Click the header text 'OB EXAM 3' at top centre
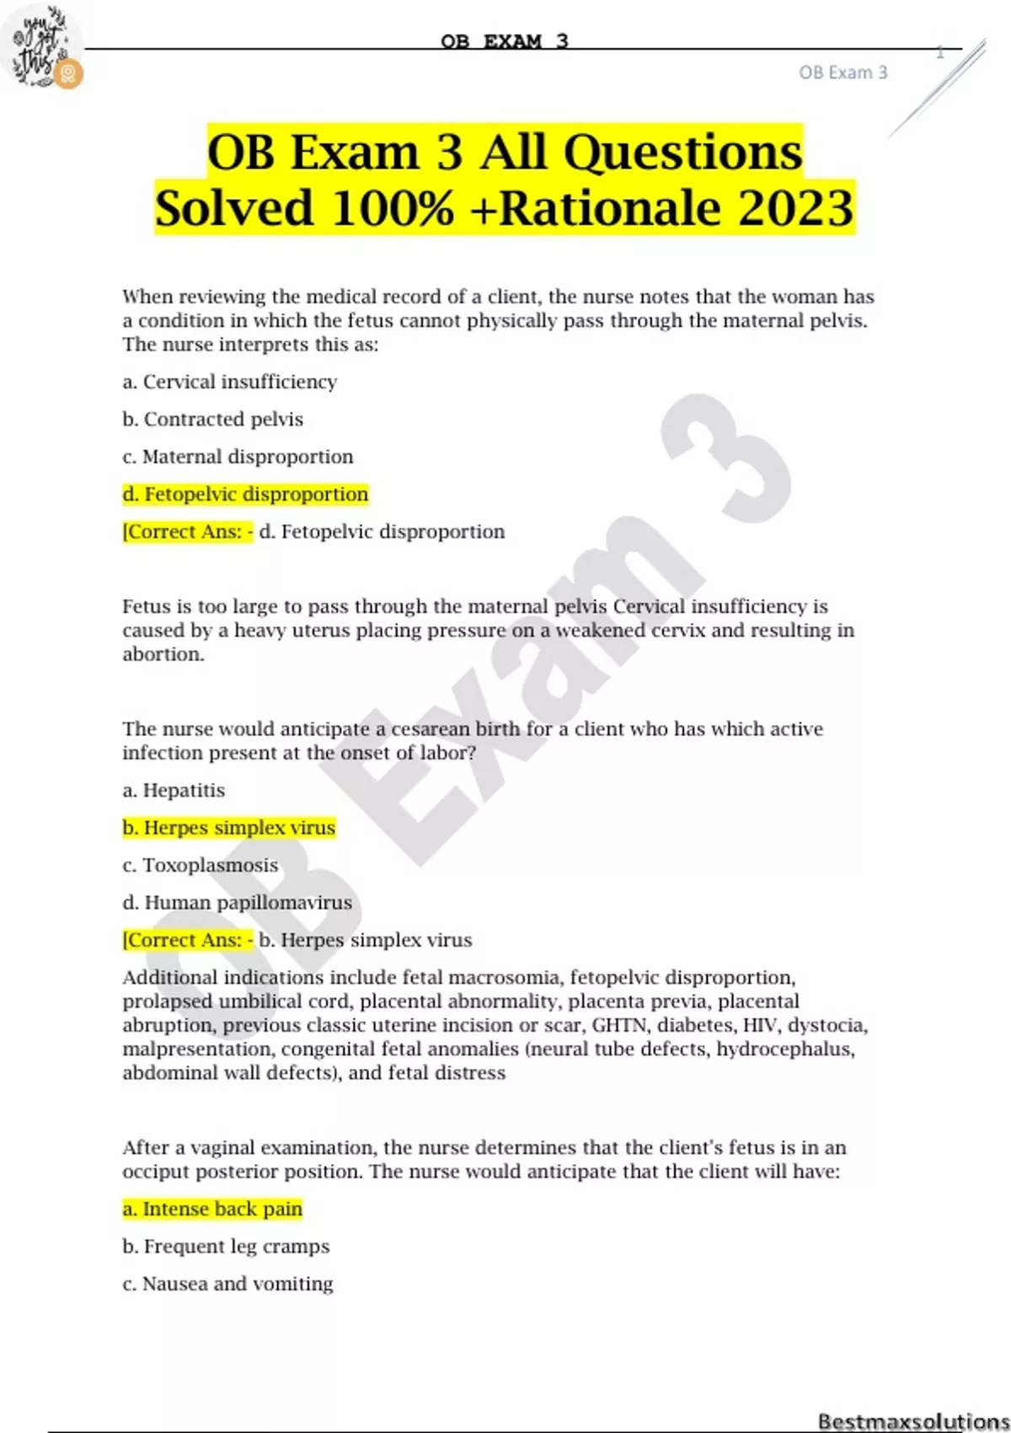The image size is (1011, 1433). coord(505,40)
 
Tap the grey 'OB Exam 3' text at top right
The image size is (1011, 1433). coord(842,73)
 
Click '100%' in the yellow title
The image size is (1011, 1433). coord(393,208)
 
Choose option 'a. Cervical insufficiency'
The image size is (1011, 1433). coord(229,382)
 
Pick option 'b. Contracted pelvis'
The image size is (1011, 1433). coord(212,419)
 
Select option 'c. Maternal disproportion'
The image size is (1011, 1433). coord(238,457)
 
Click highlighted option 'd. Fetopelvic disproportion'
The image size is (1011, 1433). coord(245,494)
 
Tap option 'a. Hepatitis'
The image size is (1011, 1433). coord(174,791)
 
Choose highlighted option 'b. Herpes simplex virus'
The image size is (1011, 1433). coord(228,828)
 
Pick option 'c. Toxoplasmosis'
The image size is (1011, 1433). coord(200,866)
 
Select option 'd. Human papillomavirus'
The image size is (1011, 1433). coord(237,903)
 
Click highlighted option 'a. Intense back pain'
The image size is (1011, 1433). coord(212,1209)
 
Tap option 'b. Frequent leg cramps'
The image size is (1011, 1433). coord(226,1247)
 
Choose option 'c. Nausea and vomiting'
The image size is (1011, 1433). coord(227,1284)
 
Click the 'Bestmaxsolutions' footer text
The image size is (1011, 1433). coord(912,1421)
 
